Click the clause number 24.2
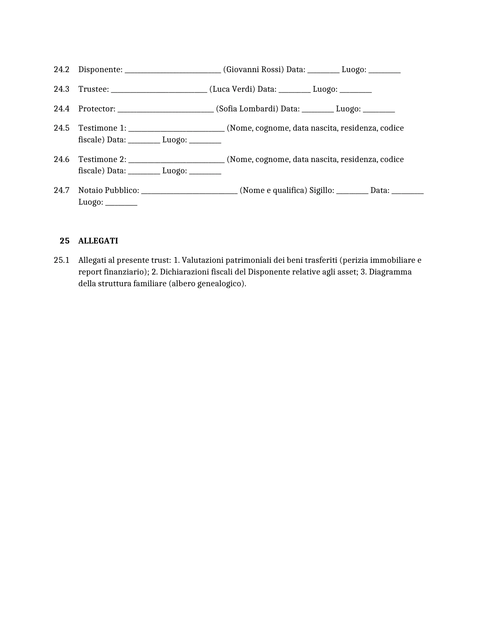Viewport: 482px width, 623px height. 61,69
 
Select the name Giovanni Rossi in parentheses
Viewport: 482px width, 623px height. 253,69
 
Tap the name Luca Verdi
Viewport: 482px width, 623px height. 232,89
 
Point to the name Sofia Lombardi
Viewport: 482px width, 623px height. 247,109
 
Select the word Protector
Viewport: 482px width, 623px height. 96,109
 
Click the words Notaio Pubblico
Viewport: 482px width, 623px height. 108,190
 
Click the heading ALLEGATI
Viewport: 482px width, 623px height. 98,241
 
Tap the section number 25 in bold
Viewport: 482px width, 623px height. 65,241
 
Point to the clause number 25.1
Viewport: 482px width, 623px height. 61,260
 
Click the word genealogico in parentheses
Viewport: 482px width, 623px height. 221,284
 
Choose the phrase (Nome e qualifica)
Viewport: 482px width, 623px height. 273,190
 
